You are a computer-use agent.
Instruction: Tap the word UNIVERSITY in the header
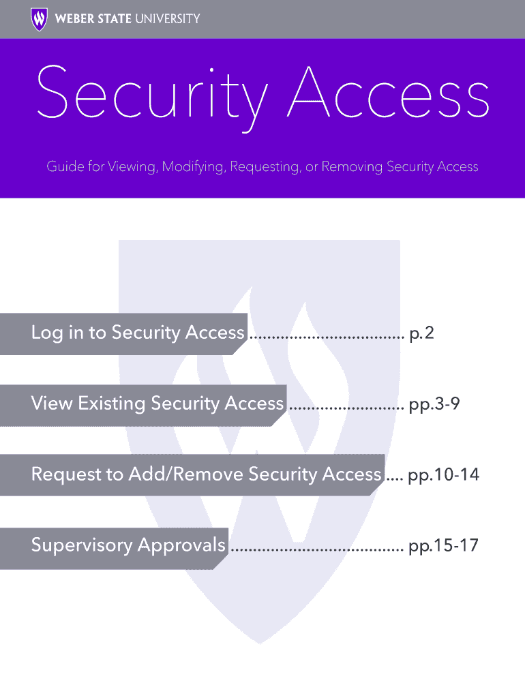coord(168,18)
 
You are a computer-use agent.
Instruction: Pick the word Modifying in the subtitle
coord(193,166)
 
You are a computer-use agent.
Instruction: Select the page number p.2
coord(421,333)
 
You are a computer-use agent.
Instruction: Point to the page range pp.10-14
coord(443,475)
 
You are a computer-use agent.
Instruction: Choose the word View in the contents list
coord(51,404)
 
